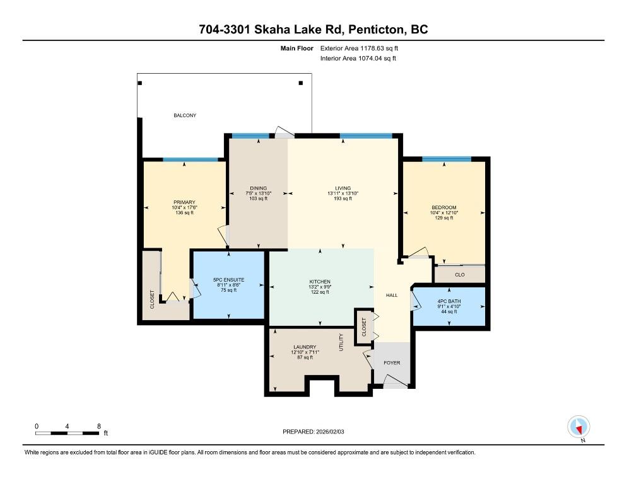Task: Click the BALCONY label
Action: pos(185,115)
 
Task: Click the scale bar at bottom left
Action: pos(67,433)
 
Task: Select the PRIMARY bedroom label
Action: pos(184,202)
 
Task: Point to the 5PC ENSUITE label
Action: pos(229,280)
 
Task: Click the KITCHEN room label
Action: pos(320,282)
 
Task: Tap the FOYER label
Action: pos(392,363)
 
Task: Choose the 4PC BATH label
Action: pos(449,301)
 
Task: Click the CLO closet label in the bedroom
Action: pos(460,275)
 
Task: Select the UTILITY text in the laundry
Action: pos(341,342)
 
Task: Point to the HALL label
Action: pos(392,296)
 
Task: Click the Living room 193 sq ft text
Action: pos(343,199)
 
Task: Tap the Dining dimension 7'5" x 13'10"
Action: pos(259,193)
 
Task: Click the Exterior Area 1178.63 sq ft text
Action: pos(359,49)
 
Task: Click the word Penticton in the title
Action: pos(377,30)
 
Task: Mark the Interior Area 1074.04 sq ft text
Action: pos(358,59)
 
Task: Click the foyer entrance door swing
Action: pos(396,381)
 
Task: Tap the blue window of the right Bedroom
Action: pos(447,159)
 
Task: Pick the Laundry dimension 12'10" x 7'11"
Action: pos(305,352)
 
